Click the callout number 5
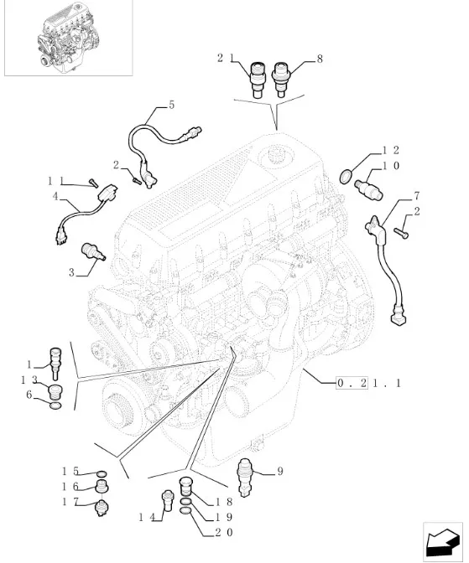171,105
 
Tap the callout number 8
320,59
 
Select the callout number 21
226,58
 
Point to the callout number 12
391,150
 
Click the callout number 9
280,471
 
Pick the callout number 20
224,532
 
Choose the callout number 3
71,272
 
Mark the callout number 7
417,196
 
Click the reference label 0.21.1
368,384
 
